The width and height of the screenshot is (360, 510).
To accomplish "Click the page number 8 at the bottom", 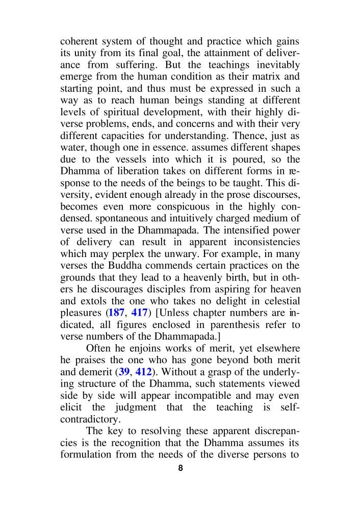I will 180,468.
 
